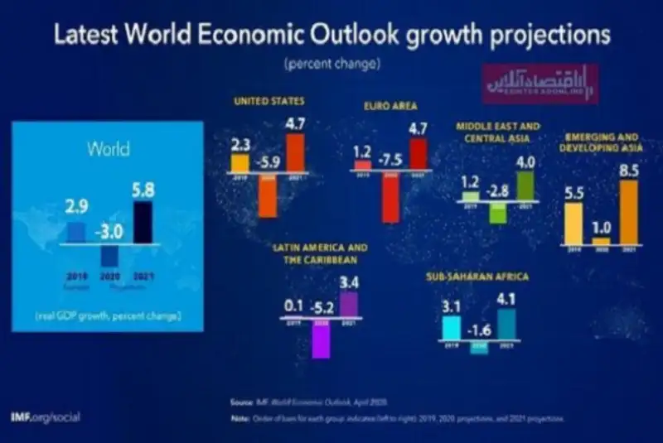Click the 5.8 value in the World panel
[143, 190]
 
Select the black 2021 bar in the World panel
[143, 224]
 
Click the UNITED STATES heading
[269, 102]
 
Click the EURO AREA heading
[388, 107]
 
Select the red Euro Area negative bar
[390, 198]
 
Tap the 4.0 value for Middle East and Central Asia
[525, 161]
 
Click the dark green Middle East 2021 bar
[525, 185]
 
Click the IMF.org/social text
[46, 417]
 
